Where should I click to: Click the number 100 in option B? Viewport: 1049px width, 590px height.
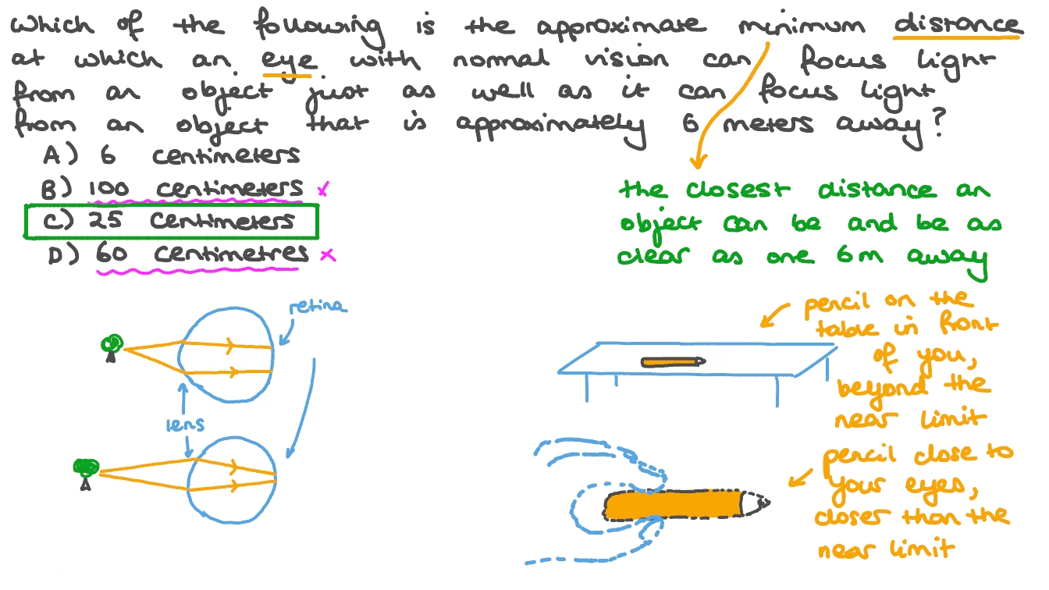[x=108, y=188]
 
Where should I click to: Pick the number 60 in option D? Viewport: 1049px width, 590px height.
[x=112, y=254]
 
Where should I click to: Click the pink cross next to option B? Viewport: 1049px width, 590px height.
[x=324, y=189]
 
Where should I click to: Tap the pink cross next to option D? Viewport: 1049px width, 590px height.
[x=328, y=254]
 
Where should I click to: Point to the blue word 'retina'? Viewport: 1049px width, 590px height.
[x=318, y=306]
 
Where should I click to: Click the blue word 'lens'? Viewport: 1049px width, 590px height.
[x=186, y=424]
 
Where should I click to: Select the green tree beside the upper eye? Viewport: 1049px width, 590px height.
[x=112, y=348]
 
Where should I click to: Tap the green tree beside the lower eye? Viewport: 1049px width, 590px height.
[x=86, y=474]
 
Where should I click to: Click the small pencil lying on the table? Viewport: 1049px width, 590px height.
[x=673, y=362]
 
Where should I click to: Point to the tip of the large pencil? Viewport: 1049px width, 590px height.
[x=769, y=503]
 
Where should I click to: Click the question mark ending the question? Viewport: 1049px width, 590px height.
[x=938, y=123]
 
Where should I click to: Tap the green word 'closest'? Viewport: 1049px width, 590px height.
[x=738, y=190]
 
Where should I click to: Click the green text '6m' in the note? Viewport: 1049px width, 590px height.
[x=860, y=254]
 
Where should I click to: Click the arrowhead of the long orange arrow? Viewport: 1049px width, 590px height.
[x=697, y=162]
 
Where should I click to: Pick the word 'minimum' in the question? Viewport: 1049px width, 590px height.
[x=802, y=25]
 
